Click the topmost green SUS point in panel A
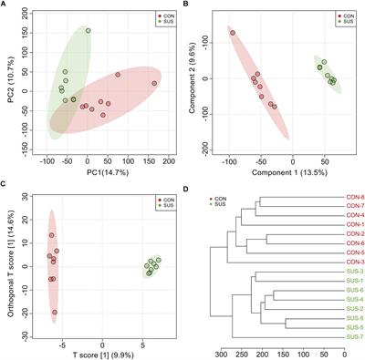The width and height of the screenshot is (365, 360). [89, 30]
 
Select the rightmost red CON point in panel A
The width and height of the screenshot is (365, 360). [154, 83]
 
